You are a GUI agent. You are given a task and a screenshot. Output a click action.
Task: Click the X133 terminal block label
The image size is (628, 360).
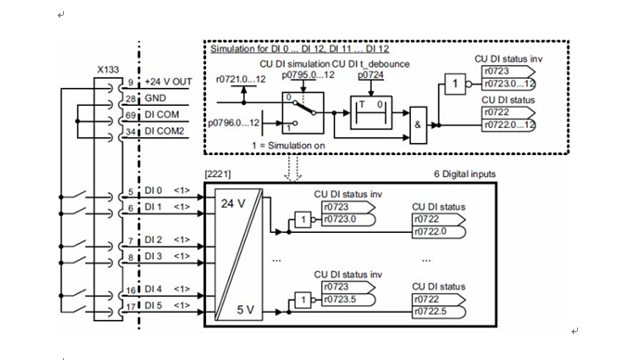pyautogui.click(x=109, y=70)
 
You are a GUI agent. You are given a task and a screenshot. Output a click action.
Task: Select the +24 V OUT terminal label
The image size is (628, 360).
pyautogui.click(x=168, y=82)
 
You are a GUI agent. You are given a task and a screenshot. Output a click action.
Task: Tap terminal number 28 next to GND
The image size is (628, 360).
pyautogui.click(x=131, y=99)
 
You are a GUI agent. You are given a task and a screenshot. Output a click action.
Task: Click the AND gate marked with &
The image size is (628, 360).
pyautogui.click(x=417, y=125)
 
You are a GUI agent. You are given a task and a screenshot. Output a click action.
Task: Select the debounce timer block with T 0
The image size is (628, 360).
pyautogui.click(x=371, y=112)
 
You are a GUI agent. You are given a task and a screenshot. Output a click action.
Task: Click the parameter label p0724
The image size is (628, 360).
pyautogui.click(x=370, y=75)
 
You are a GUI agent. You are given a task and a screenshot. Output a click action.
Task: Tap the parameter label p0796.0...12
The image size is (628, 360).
pyautogui.click(x=234, y=122)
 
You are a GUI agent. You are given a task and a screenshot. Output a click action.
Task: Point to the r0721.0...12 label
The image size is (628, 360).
pyautogui.click(x=240, y=79)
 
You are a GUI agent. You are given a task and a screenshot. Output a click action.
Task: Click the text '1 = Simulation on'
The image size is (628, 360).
pyautogui.click(x=288, y=146)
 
